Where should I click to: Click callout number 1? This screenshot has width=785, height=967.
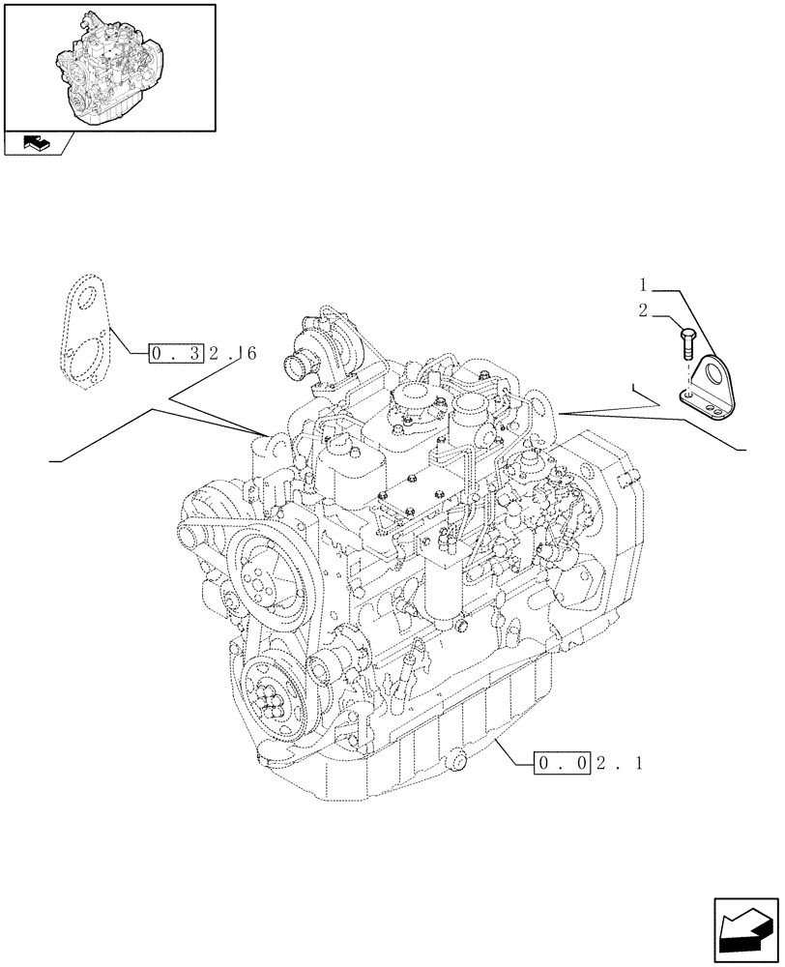(x=642, y=285)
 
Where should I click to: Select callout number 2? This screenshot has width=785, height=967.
(x=642, y=311)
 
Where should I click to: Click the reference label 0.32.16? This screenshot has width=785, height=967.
(x=203, y=354)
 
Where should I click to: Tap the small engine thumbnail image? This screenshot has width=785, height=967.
(x=110, y=65)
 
